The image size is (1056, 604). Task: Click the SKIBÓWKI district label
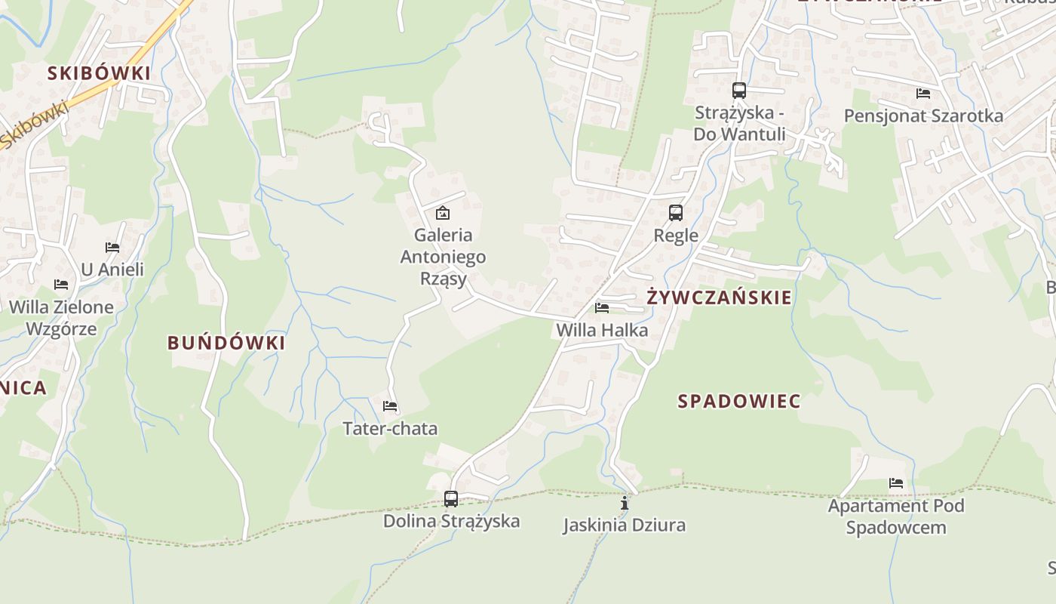[x=99, y=73]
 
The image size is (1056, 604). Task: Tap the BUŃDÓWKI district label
[x=226, y=343]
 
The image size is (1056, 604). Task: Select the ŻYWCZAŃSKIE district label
[x=720, y=297]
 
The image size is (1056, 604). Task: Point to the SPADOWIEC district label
[x=738, y=401]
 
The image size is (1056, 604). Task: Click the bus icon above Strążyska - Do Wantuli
[x=739, y=91]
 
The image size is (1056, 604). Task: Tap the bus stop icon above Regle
[x=676, y=213]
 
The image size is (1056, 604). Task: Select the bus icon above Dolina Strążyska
[x=451, y=498]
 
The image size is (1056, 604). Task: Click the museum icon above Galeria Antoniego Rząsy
[x=443, y=213]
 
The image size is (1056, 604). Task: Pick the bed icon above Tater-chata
[x=390, y=406]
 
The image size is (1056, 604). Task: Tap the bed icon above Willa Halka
[x=602, y=307]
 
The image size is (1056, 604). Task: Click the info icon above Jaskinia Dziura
[x=624, y=503]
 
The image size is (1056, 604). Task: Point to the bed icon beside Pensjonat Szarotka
[x=923, y=94]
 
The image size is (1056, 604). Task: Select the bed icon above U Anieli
[x=112, y=247]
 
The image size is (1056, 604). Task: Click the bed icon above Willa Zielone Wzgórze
[x=61, y=285]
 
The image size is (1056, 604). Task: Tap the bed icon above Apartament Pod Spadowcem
[x=896, y=483]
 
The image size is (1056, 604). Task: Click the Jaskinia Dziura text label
[x=624, y=525]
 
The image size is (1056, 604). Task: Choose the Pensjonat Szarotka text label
[x=923, y=116]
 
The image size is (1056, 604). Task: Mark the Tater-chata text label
[x=390, y=429]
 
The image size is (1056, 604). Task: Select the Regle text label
[x=676, y=236]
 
